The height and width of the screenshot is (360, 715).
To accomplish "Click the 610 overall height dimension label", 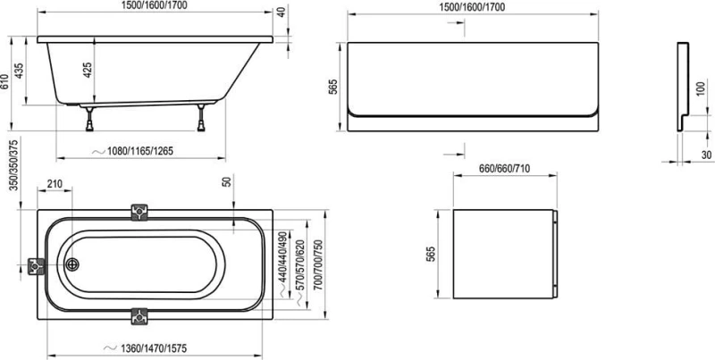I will tap(6, 83).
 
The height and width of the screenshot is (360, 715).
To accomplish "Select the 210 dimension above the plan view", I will tap(55, 185).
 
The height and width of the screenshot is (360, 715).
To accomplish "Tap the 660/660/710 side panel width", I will tap(505, 167).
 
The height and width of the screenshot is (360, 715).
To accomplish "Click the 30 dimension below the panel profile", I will tap(705, 154).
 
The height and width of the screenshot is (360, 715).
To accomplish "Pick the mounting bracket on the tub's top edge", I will tap(140, 212).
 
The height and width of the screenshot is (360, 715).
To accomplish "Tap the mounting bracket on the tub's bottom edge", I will tap(140, 316).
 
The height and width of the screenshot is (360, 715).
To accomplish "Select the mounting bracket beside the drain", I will tap(37, 265).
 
